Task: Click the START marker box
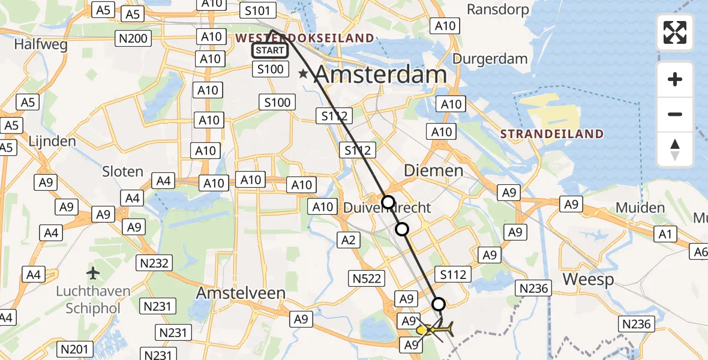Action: point(269,50)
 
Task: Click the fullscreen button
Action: point(675,32)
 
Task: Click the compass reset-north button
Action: point(675,149)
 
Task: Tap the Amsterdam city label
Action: point(380,75)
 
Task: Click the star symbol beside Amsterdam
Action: point(304,74)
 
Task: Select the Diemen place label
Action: point(433,170)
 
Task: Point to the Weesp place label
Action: point(588,279)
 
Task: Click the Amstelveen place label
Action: point(235,294)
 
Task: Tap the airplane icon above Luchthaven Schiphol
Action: point(93,274)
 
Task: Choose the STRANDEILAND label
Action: point(552,134)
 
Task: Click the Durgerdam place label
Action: point(490,59)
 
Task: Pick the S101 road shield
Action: point(257,11)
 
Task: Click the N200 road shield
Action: point(133,38)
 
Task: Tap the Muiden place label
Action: point(640,208)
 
